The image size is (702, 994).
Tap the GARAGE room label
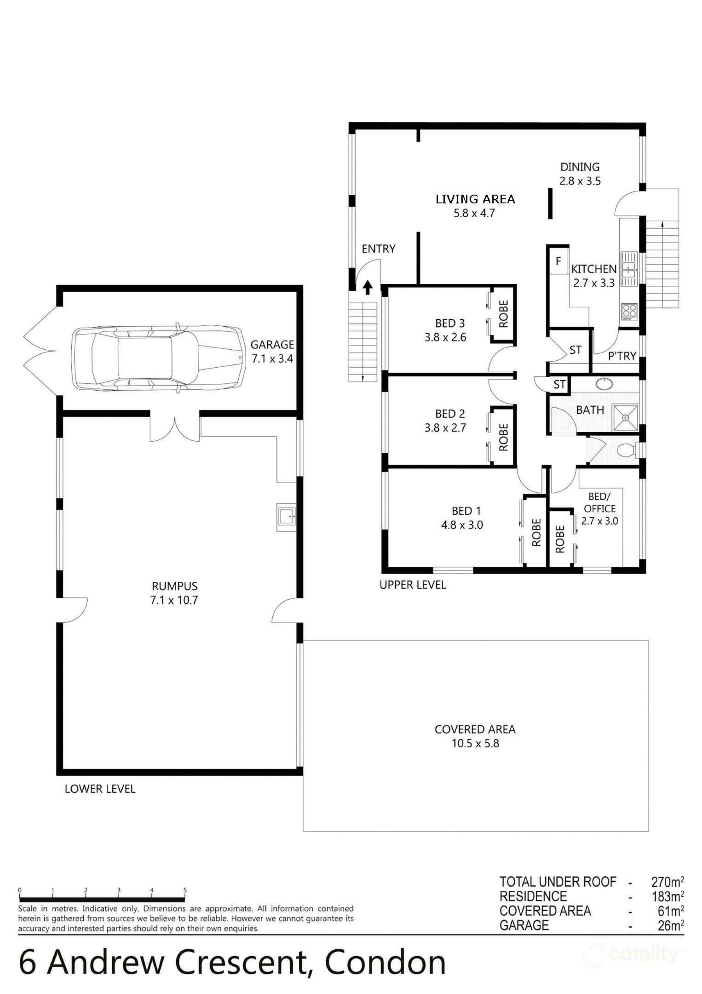(x=272, y=345)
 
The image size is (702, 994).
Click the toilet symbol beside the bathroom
(x=625, y=450)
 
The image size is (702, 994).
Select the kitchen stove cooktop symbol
(x=629, y=311)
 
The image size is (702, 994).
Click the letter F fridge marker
(x=558, y=261)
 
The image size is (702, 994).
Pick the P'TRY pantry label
(x=622, y=356)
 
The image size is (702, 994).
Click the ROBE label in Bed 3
(x=503, y=314)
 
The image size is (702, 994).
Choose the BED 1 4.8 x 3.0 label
(x=462, y=518)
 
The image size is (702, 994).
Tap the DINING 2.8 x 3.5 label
(x=580, y=174)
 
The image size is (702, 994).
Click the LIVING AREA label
(x=475, y=199)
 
